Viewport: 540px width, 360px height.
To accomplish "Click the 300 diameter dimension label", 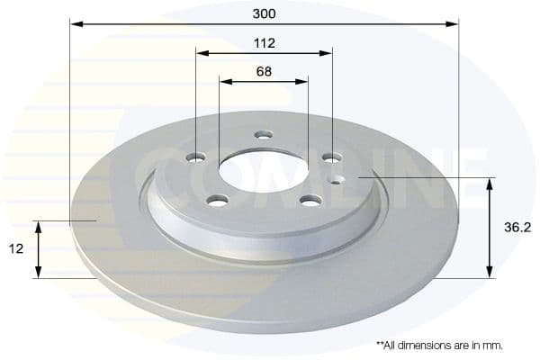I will [x=264, y=13].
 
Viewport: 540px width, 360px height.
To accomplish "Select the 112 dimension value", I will [x=264, y=43].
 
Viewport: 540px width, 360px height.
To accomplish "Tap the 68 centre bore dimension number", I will [x=264, y=71].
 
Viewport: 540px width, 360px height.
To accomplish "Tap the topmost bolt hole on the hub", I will [x=263, y=135].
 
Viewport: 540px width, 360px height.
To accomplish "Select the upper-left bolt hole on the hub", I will [x=196, y=157].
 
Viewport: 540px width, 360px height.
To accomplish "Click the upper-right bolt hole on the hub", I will [x=331, y=157].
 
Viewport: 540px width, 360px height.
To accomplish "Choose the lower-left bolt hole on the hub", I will [x=218, y=200].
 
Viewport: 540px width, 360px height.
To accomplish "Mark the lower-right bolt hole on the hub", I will [x=310, y=200].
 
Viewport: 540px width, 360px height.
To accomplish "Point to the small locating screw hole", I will [x=337, y=179].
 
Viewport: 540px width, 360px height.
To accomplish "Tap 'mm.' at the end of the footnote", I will [x=493, y=345].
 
